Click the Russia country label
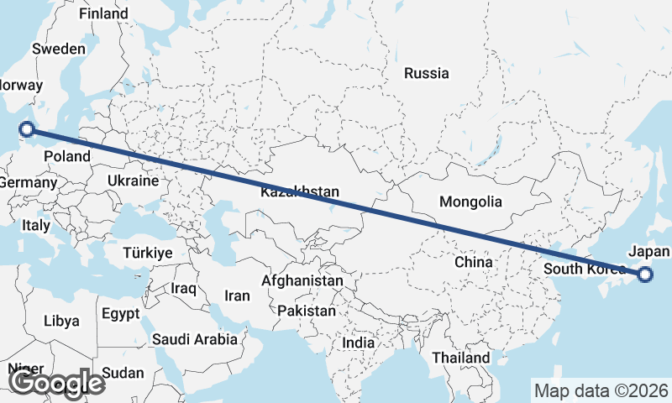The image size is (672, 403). tap(426, 73)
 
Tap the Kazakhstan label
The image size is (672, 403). tap(300, 192)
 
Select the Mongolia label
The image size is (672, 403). tap(470, 201)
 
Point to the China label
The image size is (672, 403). tap(473, 262)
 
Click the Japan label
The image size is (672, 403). tap(649, 252)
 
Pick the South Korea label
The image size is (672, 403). tap(585, 269)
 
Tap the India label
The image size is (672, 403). tap(359, 343)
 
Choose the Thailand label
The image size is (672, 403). tap(461, 358)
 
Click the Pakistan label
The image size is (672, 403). tap(307, 311)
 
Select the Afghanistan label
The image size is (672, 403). tap(302, 280)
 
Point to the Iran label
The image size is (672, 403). tap(237, 296)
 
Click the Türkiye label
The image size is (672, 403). tap(147, 252)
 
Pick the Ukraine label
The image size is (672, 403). tap(133, 181)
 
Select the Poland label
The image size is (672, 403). tap(67, 156)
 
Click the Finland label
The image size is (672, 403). tap(103, 13)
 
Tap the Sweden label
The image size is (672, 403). tap(59, 49)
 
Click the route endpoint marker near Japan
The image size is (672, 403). tap(645, 274)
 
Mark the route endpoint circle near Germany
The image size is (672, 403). tap(27, 128)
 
